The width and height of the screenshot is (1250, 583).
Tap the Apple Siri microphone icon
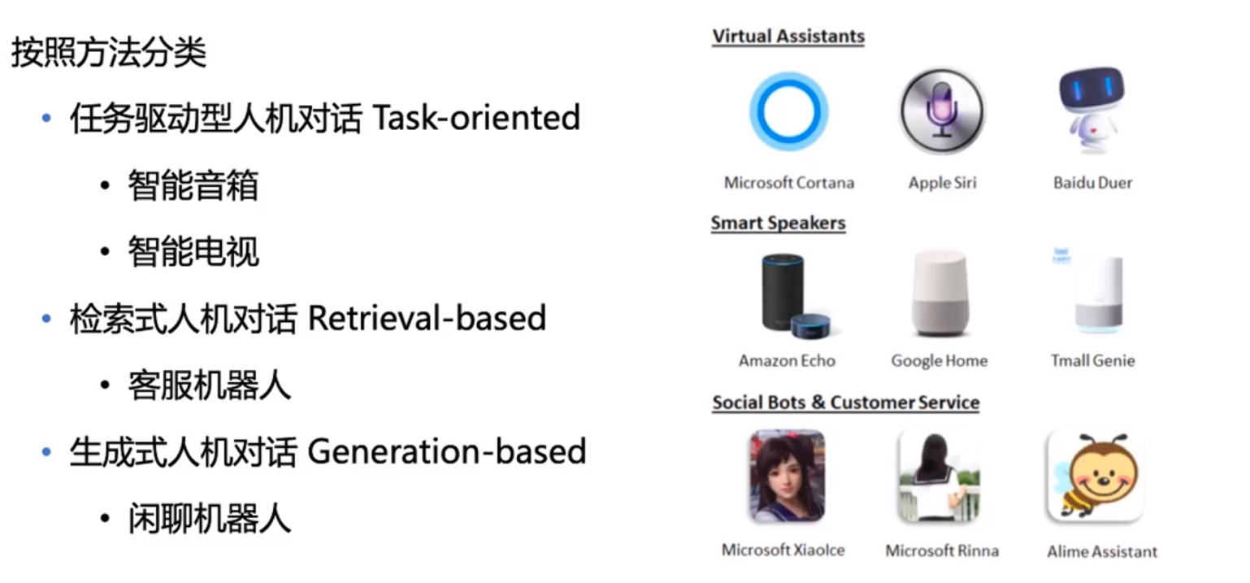(942, 111)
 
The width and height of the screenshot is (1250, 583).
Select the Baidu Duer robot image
(1092, 111)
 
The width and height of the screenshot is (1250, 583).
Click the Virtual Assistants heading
(788, 37)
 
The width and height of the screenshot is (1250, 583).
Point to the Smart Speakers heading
(778, 223)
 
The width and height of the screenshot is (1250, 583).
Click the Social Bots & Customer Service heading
(845, 402)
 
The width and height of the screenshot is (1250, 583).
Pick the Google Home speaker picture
(940, 294)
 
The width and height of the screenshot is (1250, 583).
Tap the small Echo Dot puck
(810, 326)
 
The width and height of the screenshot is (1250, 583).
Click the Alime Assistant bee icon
(1096, 476)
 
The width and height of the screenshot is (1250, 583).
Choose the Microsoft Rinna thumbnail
(940, 476)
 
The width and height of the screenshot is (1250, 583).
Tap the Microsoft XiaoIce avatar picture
(788, 476)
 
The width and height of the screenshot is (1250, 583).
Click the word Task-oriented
(476, 118)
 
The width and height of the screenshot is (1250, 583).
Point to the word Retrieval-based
(427, 318)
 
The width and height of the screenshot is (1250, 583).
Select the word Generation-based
(446, 451)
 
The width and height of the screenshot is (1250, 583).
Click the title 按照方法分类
(109, 53)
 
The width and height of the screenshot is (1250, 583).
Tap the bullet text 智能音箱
(193, 185)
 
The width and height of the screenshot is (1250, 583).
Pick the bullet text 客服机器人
(209, 385)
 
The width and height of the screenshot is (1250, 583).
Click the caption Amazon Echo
(787, 361)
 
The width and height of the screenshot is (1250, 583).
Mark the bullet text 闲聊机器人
(209, 518)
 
